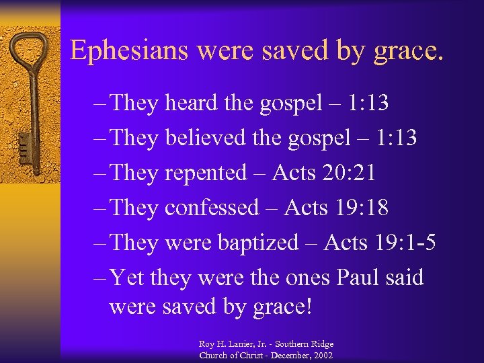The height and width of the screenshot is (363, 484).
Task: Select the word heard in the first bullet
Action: [191, 103]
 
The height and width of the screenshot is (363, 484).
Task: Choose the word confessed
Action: [211, 208]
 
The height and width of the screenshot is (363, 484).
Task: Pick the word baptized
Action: [258, 243]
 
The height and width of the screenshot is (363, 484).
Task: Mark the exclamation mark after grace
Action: [309, 307]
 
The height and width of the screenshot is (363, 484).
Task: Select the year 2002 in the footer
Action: [320, 354]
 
